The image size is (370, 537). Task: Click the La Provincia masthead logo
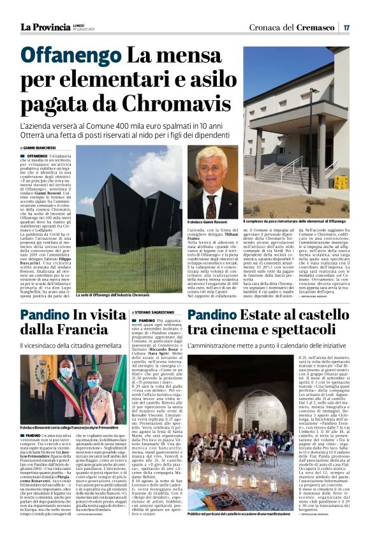tap(45, 27)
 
